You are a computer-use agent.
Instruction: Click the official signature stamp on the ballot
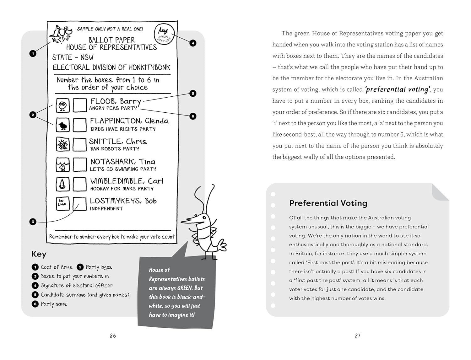pos(164,34)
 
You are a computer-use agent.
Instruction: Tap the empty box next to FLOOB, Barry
pos(80,105)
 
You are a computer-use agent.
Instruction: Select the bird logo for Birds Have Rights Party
pos(63,125)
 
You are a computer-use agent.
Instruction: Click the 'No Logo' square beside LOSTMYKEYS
pos(62,203)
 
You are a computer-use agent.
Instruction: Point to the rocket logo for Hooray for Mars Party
pos(62,184)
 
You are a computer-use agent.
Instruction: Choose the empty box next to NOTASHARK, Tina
pos(80,164)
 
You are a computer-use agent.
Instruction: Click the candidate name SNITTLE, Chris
pos(118,142)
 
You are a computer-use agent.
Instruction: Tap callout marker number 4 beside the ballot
pos(193,43)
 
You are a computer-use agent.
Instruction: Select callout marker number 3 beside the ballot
pos(33,222)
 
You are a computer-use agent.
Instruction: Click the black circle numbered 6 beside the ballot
pos(193,116)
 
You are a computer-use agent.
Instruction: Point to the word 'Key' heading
pos(39,254)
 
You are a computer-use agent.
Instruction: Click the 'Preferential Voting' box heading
pos(328,203)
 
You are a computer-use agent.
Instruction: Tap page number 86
pos(113,336)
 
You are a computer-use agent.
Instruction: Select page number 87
pos(358,336)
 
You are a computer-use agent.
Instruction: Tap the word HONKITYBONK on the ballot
pos(149,67)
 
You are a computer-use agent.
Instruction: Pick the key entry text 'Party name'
pos(54,304)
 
